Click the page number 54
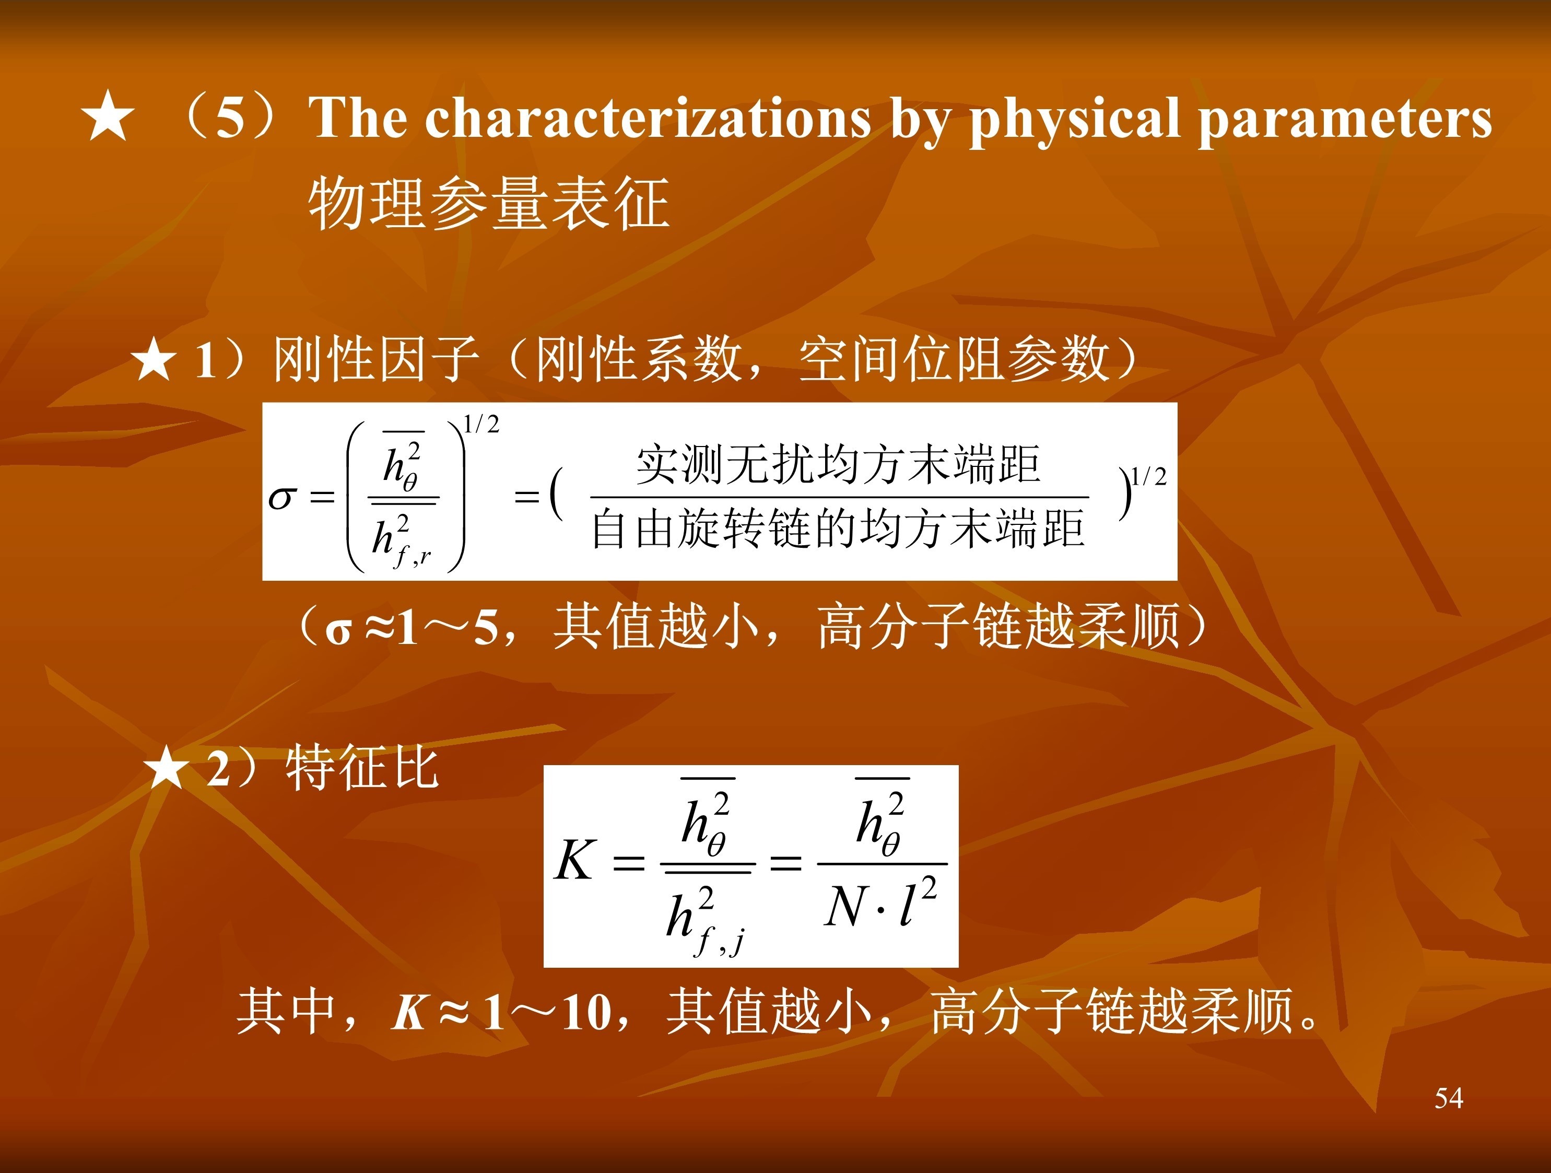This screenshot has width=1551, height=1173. coord(1449,1098)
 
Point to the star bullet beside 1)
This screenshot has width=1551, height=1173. coord(153,359)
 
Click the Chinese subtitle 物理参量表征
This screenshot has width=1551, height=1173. coord(489,203)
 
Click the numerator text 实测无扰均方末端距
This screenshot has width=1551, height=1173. coord(838,464)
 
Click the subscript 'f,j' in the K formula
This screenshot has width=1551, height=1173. coord(719,941)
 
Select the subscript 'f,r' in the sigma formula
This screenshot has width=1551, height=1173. coord(412,557)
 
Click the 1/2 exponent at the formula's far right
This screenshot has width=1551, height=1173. coord(1149,477)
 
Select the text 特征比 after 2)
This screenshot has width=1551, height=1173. coord(362,768)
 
